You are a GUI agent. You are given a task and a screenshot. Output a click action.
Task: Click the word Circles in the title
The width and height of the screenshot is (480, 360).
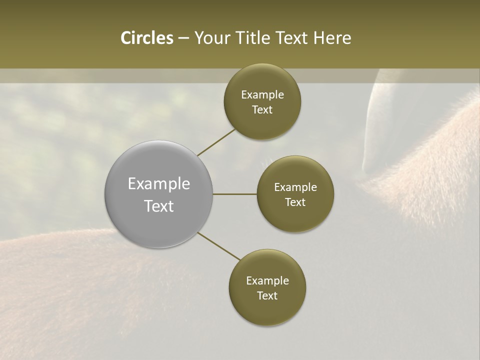pyautogui.click(x=147, y=38)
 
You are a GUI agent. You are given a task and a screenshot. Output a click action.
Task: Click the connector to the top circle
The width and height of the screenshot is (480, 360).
pyautogui.click(x=216, y=141)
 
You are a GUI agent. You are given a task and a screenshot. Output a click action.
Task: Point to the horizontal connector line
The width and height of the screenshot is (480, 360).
pyautogui.click(x=235, y=194)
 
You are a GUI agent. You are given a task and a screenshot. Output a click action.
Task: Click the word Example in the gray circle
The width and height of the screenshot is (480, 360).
pyautogui.click(x=159, y=184)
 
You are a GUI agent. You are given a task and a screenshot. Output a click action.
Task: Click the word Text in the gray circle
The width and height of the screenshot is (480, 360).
pyautogui.click(x=159, y=206)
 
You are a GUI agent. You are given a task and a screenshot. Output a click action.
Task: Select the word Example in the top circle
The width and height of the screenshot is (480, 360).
pyautogui.click(x=262, y=94)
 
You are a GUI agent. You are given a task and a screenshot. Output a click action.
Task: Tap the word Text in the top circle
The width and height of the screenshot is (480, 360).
pyautogui.click(x=262, y=109)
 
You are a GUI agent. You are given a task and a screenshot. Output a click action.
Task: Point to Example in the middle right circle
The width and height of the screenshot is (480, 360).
pyautogui.click(x=295, y=187)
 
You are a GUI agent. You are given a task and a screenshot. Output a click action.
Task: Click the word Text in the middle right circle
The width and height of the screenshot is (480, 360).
pyautogui.click(x=295, y=202)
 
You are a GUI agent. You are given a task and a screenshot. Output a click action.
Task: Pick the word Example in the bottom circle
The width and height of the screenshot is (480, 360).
pyautogui.click(x=267, y=280)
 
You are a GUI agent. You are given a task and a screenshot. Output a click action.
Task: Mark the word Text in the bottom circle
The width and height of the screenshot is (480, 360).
pyautogui.click(x=267, y=295)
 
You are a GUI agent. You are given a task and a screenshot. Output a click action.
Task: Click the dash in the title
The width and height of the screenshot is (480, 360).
pyautogui.click(x=183, y=38)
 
